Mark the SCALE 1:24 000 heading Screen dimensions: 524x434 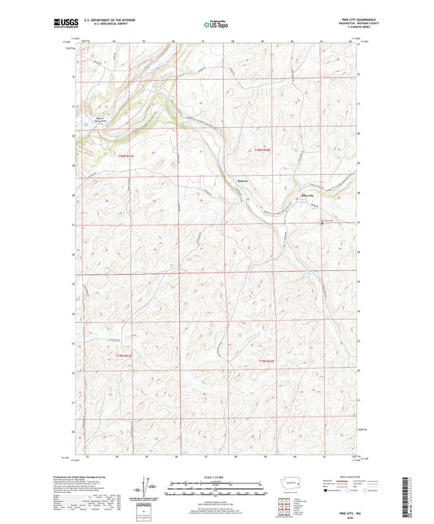click(x=217, y=476)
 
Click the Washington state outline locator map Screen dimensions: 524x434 click(x=294, y=486)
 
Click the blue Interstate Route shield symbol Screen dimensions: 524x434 click(x=327, y=490)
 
